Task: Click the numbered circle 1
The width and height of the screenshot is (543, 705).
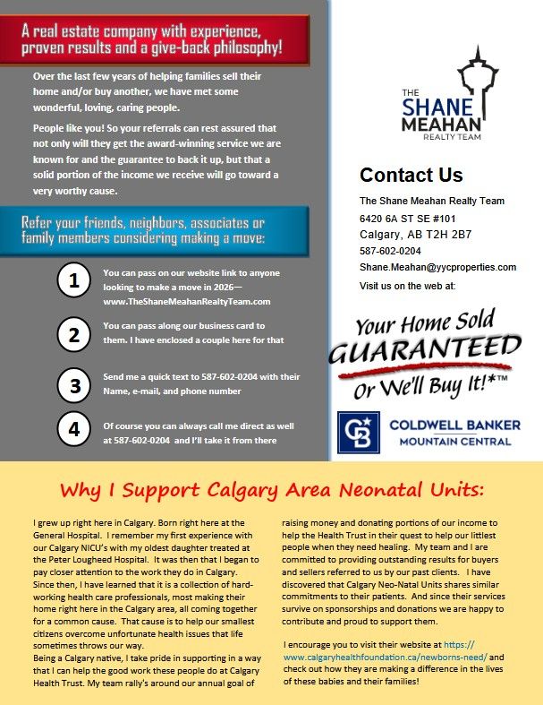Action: [x=75, y=281]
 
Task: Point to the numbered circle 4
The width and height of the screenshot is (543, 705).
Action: [x=75, y=429]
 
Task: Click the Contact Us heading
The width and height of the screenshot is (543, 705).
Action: [x=411, y=175]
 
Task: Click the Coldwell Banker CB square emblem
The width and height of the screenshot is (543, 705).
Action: [x=358, y=432]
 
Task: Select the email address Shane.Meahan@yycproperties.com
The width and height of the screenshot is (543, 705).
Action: [x=438, y=267]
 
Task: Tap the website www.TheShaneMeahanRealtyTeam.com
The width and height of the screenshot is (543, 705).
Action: [x=187, y=302]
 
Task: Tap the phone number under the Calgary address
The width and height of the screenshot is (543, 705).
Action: [x=390, y=251]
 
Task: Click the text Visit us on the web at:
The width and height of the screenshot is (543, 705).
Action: [x=407, y=285]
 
